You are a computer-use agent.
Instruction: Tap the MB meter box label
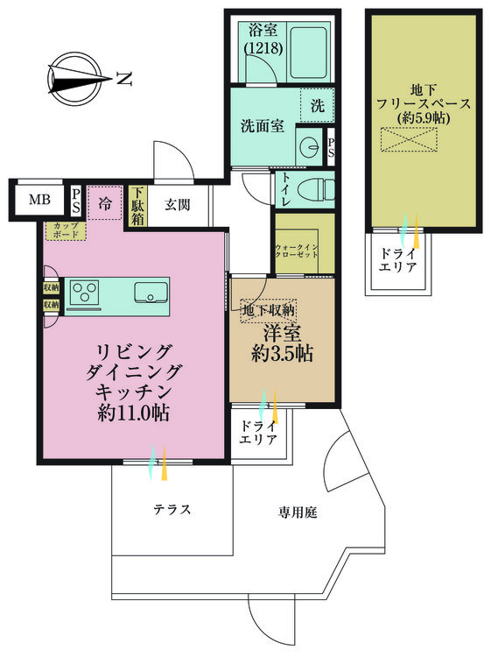pos(39,200)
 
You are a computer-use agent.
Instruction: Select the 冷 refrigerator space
pos(105,203)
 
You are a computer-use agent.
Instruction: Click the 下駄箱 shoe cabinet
pos(137,206)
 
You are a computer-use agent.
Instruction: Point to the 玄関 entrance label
pos(177,205)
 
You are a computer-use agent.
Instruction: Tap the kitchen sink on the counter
pos(151,292)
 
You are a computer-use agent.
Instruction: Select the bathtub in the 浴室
pos(308,53)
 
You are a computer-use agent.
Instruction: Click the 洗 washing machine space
pos(318,105)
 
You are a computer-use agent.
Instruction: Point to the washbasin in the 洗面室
pos(310,146)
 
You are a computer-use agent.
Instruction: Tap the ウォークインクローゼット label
pos(297,251)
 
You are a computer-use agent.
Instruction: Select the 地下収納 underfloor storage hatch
pos(269,311)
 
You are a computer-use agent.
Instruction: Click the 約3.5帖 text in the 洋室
pos(282,354)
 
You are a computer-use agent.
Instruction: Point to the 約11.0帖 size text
pos(133,413)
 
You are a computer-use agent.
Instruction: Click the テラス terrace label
pos(172,509)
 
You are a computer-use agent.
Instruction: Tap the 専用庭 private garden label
pos(298,512)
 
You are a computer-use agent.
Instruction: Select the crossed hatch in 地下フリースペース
pos(409,139)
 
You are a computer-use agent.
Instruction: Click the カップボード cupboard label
pos(67,230)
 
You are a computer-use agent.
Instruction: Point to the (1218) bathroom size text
pos(263,48)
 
